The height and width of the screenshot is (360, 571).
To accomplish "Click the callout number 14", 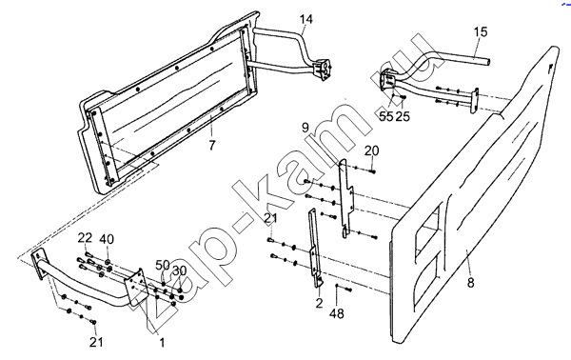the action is [x=306, y=19].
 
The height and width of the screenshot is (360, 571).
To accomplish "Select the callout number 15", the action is [x=481, y=32].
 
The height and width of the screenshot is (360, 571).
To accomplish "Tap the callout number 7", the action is [x=212, y=145].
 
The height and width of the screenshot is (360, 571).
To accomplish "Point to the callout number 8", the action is [x=470, y=283].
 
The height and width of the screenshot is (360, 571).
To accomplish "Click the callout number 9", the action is [x=305, y=128].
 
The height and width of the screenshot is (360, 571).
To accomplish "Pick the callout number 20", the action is [x=371, y=150].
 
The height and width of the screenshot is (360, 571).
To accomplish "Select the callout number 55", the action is [x=386, y=116].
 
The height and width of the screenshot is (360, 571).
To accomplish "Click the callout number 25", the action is [x=403, y=116].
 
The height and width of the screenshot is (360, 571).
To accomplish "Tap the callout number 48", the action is [x=337, y=313].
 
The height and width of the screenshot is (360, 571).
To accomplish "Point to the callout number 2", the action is [x=319, y=303].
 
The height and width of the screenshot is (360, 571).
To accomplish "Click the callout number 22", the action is [x=85, y=238].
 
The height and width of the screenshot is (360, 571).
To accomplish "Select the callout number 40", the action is [x=107, y=239].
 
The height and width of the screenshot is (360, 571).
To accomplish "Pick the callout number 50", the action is [x=163, y=265].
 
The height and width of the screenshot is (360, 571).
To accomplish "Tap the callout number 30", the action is [x=180, y=270].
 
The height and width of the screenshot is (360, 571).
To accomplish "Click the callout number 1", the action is [x=162, y=342].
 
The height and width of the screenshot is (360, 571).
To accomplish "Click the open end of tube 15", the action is [x=487, y=62].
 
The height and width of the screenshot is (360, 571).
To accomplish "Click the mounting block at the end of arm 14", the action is [x=323, y=69].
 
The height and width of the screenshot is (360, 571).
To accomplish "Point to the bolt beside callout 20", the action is [x=371, y=170].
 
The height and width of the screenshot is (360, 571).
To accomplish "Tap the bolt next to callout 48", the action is [x=347, y=290].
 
